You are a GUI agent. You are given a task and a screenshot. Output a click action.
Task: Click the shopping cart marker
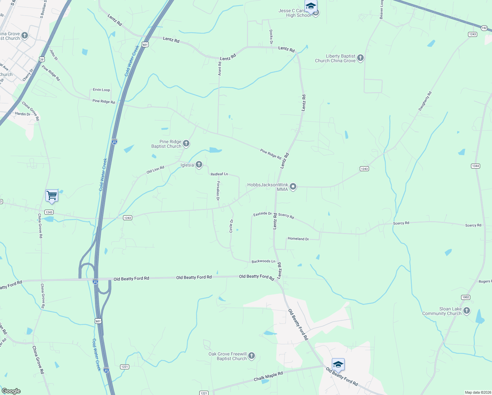click(52, 196)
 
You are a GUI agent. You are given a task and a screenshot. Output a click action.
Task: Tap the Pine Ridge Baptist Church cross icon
click(186, 144)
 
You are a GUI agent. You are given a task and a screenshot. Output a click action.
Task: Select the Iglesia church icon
click(199, 165)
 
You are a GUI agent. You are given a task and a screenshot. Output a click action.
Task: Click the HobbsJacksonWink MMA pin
click(293, 187)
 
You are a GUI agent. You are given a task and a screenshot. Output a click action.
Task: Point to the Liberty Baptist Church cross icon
click(360, 58)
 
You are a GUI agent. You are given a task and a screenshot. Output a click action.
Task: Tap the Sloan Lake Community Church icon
click(466, 311)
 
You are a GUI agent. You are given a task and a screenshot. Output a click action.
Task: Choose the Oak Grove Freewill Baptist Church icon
click(252, 356)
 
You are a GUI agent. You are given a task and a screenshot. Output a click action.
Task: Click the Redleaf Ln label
click(219, 174)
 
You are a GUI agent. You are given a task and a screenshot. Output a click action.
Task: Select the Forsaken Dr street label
click(218, 191)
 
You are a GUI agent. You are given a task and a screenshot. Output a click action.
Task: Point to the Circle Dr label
click(231, 226)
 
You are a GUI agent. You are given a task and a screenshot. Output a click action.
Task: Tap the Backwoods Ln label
click(263, 261)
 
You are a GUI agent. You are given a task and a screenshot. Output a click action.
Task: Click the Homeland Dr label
click(298, 239)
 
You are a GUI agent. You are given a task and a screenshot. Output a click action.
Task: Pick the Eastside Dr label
click(262, 214)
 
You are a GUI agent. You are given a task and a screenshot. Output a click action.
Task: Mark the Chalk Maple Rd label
click(268, 377)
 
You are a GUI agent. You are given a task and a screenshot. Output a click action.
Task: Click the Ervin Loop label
click(101, 90)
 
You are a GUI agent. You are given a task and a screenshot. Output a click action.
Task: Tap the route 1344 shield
click(476, 166)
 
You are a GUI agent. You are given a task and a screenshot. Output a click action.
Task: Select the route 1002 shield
click(466, 297)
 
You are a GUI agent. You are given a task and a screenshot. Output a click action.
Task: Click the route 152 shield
click(484, 28)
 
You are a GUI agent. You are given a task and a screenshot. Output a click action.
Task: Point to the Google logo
click(11, 391)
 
